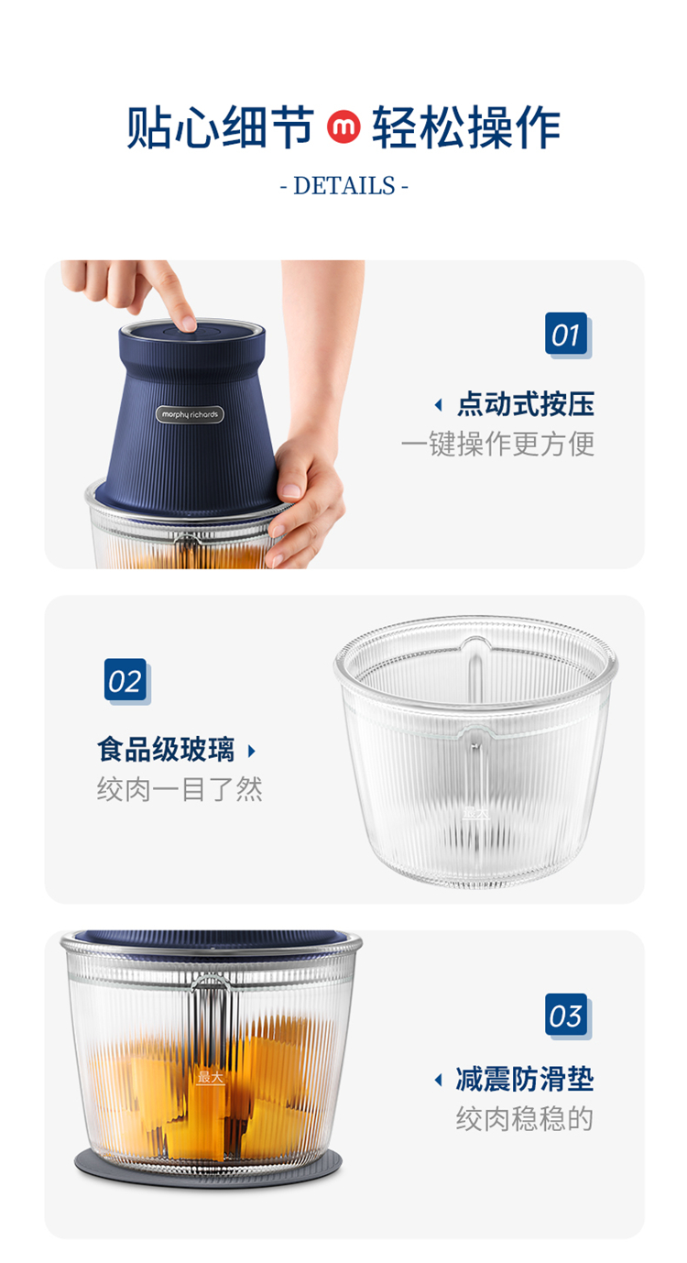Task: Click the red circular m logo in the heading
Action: point(343,126)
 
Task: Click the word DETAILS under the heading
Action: point(343,185)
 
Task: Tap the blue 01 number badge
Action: point(566,334)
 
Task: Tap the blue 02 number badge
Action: point(125,680)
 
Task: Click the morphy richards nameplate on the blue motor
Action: point(190,414)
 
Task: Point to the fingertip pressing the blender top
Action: point(188,323)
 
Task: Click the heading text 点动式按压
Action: point(525,404)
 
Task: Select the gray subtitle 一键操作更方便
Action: point(497,444)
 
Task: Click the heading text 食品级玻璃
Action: point(166,750)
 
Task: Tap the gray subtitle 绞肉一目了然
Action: point(180,789)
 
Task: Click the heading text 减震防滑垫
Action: point(525,1079)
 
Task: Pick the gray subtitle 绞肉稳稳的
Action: point(525,1119)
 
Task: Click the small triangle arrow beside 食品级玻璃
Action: point(251,751)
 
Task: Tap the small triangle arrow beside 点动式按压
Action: point(439,405)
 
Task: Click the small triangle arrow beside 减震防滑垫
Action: point(439,1080)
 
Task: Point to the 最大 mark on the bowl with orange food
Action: point(210,1078)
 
